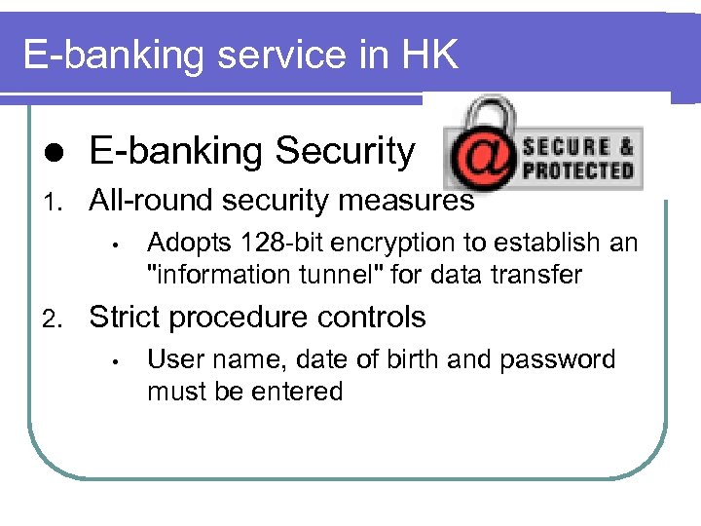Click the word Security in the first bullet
(345, 151)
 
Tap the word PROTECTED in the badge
(577, 170)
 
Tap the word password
(558, 359)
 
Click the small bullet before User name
(115, 361)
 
